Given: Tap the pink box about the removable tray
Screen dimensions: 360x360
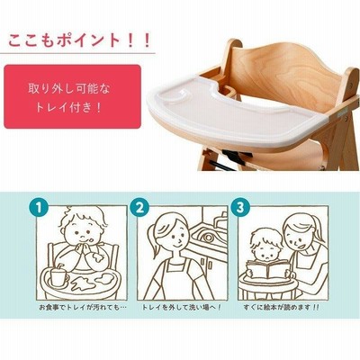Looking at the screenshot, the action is [72, 96].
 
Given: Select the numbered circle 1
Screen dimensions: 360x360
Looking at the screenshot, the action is [39, 207].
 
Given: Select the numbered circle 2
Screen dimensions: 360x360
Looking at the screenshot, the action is [139, 207].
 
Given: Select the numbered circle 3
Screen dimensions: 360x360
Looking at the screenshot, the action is [240, 207].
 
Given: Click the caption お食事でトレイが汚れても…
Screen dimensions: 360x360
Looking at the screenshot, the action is [83, 308].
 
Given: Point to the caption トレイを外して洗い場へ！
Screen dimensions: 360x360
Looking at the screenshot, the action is [182, 308].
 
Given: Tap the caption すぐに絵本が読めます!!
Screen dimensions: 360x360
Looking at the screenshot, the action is [282, 308].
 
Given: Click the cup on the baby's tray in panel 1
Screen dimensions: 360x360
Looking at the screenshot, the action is [58, 276].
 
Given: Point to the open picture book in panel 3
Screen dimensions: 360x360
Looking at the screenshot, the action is [269, 269].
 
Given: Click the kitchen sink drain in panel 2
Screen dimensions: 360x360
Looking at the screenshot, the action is [207, 237].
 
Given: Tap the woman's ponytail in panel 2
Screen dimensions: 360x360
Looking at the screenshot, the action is [156, 241].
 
